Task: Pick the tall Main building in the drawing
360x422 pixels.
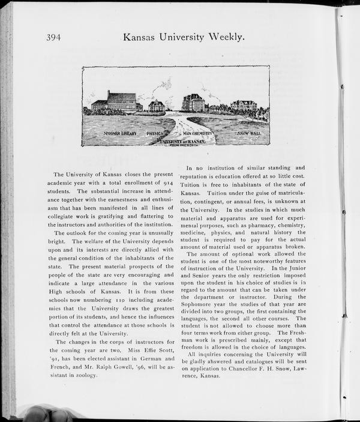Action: coord(193,103)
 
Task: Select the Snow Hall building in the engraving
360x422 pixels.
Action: coord(244,106)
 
